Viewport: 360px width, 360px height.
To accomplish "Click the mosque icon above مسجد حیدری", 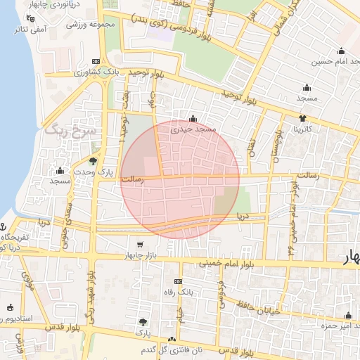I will click(x=193, y=117).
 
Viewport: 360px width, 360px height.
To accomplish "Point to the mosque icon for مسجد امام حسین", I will click(x=342, y=51).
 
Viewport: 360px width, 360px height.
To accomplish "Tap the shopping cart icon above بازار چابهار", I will click(x=141, y=245).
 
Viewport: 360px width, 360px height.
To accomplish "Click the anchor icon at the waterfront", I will click(x=3, y=227).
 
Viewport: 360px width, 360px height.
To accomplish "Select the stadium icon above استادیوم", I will click(x=10, y=307).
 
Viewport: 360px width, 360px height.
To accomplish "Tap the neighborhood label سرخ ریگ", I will click(x=64, y=131).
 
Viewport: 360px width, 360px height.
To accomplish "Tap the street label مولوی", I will click(x=30, y=281).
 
